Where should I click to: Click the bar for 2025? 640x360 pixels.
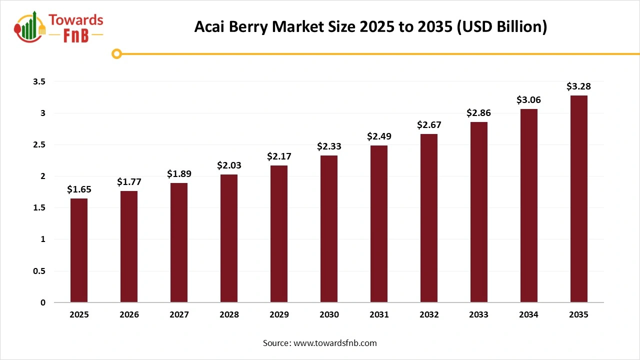tap(79, 250)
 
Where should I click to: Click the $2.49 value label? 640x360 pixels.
tap(379, 136)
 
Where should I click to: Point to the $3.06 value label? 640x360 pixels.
tap(528, 100)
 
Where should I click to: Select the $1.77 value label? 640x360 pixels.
tap(129, 181)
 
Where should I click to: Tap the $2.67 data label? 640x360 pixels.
tap(429, 124)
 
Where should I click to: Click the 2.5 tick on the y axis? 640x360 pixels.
tap(39, 144)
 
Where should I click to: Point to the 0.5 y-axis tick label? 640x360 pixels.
tap(39, 271)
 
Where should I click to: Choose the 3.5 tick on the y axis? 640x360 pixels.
tap(39, 81)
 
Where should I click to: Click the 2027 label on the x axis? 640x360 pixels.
tap(179, 314)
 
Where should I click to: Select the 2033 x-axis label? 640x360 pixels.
tap(479, 314)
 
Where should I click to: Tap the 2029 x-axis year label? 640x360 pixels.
tap(279, 314)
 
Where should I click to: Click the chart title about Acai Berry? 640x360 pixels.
tap(370, 27)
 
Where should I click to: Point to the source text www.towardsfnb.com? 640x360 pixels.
tap(320, 343)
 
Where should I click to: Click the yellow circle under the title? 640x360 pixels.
tap(117, 53)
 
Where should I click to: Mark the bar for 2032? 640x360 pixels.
tap(429, 218)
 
